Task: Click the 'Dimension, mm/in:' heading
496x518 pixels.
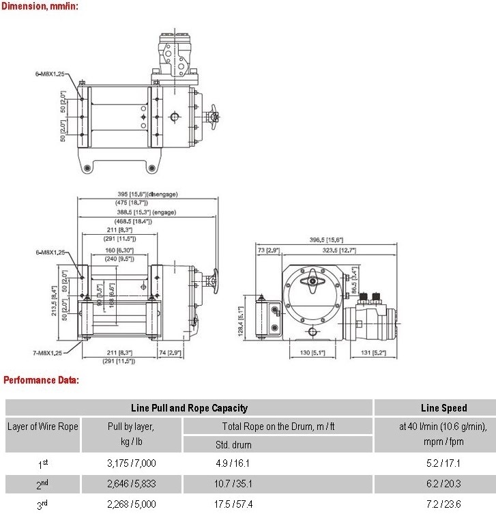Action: [40, 6]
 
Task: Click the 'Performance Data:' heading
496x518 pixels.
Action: [41, 379]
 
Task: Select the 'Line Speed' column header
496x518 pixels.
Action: [443, 408]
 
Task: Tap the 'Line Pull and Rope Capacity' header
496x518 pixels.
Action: [189, 408]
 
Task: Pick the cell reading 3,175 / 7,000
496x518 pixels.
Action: [132, 463]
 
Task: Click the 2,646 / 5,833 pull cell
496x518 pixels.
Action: [132, 484]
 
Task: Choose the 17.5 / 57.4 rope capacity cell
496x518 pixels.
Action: [233, 505]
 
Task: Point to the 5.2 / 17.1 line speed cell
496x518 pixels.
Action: [443, 463]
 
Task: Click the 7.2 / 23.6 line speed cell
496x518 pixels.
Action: [443, 505]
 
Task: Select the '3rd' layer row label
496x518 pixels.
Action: [43, 506]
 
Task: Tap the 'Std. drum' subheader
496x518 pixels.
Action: [234, 445]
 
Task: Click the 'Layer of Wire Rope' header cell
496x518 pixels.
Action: [43, 427]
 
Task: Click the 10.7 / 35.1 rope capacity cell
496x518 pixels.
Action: [233, 484]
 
